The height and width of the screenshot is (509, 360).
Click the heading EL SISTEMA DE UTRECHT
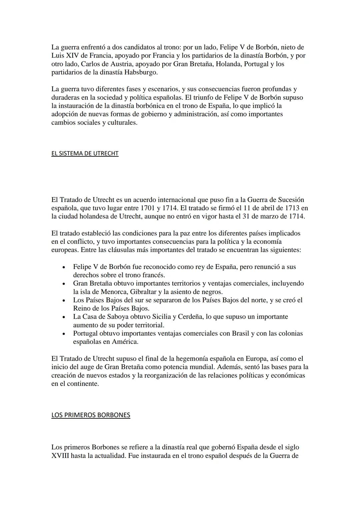click(85, 153)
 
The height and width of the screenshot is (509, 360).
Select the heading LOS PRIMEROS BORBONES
click(91, 415)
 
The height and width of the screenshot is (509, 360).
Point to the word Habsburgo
click(141, 72)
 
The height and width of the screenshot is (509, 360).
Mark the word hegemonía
click(182, 359)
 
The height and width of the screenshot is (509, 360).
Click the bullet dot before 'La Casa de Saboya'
click(64, 317)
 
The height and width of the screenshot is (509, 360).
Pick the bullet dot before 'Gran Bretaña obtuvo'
click(64, 284)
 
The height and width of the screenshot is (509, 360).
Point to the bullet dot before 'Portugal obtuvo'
click(64, 334)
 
